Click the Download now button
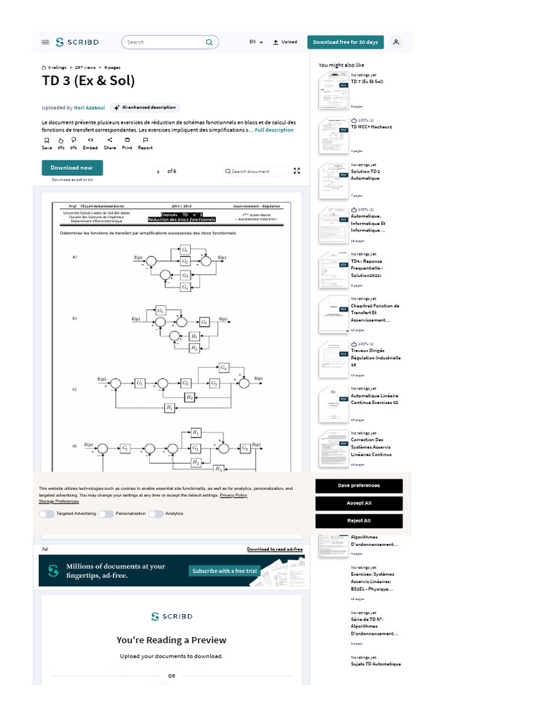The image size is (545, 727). (x=72, y=168)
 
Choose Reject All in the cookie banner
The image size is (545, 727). (x=358, y=520)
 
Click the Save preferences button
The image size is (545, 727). (x=358, y=486)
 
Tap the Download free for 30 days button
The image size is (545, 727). (x=346, y=42)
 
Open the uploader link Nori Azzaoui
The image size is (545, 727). (x=89, y=107)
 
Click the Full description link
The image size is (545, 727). (x=275, y=130)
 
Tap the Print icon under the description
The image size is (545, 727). (x=127, y=141)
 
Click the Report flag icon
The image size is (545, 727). (x=145, y=141)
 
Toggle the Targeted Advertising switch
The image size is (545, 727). (x=47, y=513)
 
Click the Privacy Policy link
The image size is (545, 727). (x=233, y=495)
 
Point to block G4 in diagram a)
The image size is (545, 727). (x=185, y=287)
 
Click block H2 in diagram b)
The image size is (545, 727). (x=194, y=348)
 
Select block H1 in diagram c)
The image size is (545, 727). (x=170, y=408)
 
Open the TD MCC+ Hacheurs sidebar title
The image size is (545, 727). (x=371, y=127)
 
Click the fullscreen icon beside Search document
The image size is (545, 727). (x=297, y=171)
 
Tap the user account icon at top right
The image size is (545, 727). (x=396, y=42)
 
